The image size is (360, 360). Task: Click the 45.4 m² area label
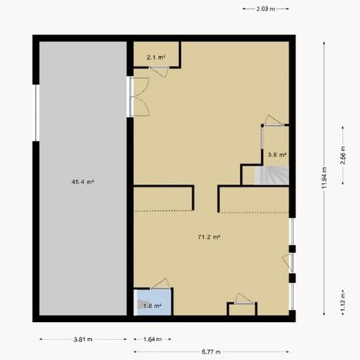click(x=83, y=182)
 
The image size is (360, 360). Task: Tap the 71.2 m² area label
click(x=209, y=237)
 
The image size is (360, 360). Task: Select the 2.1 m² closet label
click(x=156, y=57)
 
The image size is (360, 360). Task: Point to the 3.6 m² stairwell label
click(x=277, y=154)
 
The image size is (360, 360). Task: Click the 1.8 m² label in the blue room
click(x=152, y=306)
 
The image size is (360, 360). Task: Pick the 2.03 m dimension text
click(x=266, y=9)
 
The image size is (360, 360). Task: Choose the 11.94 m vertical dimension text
click(x=324, y=178)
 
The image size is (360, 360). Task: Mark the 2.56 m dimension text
click(x=343, y=155)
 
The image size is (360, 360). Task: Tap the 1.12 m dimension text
click(x=343, y=302)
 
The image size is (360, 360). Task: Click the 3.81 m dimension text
click(x=83, y=339)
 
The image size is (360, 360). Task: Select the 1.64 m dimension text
click(x=152, y=339)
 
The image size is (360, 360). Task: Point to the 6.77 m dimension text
click(x=211, y=352)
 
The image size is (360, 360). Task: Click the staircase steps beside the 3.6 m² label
click(x=272, y=175)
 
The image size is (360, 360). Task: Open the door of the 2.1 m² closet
click(x=159, y=72)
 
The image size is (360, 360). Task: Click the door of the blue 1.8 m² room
click(x=160, y=284)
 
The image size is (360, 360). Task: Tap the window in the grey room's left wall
click(x=37, y=113)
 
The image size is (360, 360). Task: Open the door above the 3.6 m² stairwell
click(x=274, y=121)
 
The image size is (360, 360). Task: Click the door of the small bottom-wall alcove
click(x=244, y=298)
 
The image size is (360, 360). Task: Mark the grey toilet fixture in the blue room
click(x=140, y=305)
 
